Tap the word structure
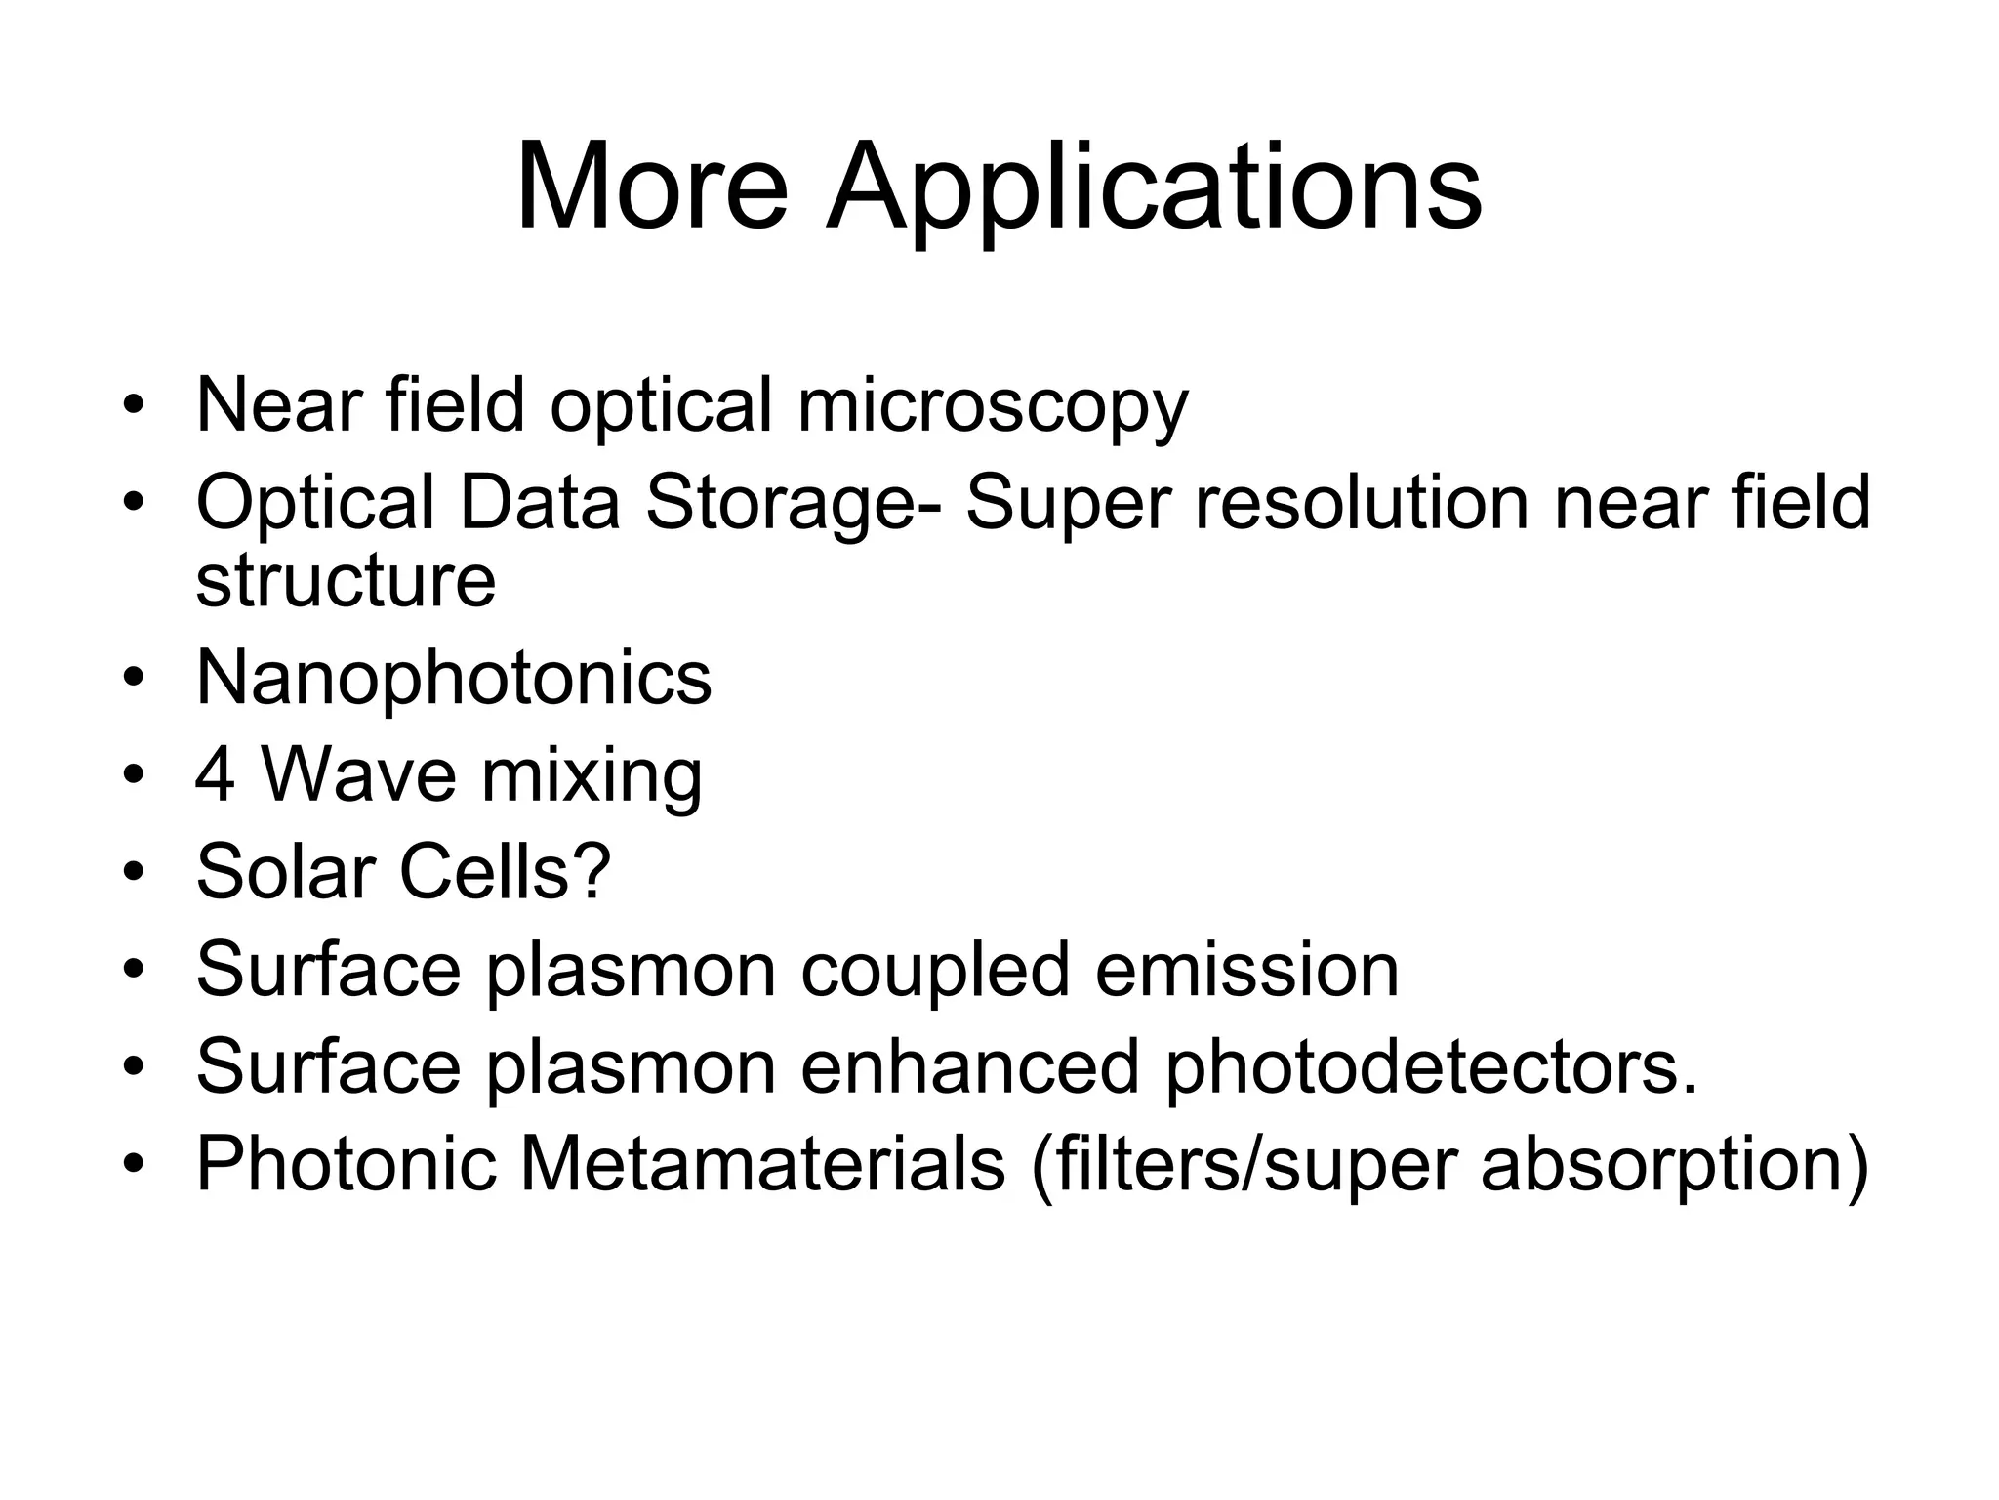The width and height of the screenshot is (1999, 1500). [346, 580]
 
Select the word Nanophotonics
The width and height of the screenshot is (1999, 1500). [454, 679]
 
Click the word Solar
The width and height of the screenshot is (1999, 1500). [286, 871]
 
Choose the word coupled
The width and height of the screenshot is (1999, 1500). [935, 972]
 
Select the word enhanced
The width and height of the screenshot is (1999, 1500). [970, 1066]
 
